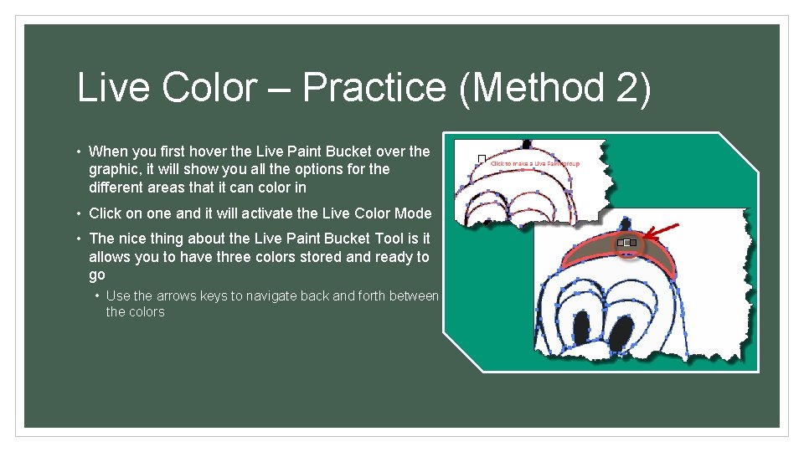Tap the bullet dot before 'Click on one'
coord(78,213)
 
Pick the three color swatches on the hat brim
coord(626,244)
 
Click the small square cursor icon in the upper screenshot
coord(481,158)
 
